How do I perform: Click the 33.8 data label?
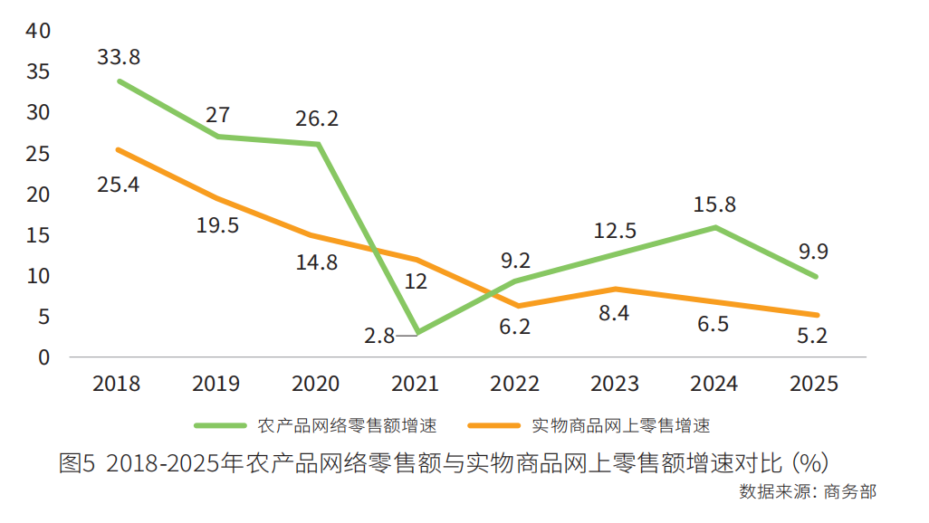coord(118,58)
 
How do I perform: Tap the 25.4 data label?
coord(118,185)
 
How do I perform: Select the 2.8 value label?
coord(379,336)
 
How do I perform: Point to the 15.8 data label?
coord(715,204)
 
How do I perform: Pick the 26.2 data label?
coord(316,119)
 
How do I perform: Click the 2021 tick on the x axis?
coord(416,384)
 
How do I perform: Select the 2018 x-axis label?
coord(117,384)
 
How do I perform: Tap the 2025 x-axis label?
coord(814,384)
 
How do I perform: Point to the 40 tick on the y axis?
coord(39,32)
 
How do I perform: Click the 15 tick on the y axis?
coord(39,235)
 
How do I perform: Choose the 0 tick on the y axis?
coord(43,357)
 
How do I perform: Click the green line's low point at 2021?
coord(417,332)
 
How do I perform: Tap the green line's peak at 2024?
coord(715,227)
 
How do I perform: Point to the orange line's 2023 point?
coord(616,289)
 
